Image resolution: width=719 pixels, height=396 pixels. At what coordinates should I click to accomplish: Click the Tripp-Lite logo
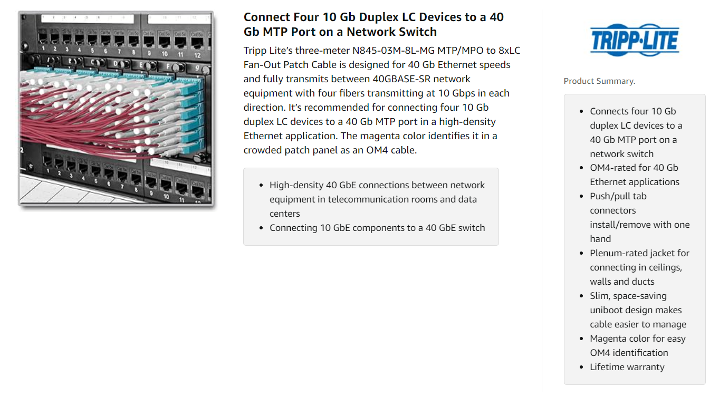pyautogui.click(x=635, y=40)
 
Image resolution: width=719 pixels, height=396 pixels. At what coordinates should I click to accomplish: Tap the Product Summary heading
pyautogui.click(x=599, y=81)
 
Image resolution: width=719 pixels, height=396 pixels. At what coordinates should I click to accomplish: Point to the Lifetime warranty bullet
pyautogui.click(x=627, y=367)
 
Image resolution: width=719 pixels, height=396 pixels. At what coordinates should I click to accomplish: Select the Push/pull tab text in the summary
pyautogui.click(x=618, y=196)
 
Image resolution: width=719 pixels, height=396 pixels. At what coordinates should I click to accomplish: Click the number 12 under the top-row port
pyautogui.click(x=197, y=55)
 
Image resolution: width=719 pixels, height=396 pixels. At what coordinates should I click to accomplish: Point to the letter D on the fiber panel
pyautogui.click(x=115, y=64)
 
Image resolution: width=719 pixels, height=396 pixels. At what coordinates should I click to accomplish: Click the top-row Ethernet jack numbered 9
pyautogui.click(x=149, y=42)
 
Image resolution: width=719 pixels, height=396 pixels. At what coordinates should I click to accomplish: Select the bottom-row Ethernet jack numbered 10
pyautogui.click(x=166, y=186)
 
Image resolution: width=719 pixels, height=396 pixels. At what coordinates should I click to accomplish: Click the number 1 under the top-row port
pyautogui.click(x=43, y=49)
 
